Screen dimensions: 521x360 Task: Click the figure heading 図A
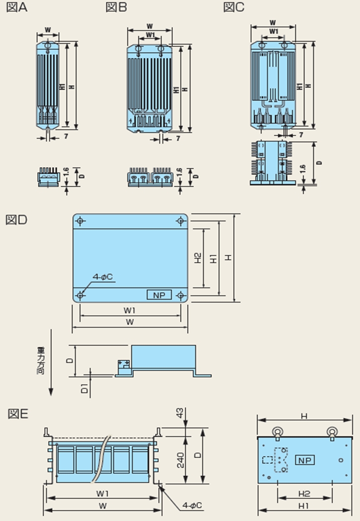[16, 8]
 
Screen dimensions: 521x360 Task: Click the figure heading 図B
[116, 8]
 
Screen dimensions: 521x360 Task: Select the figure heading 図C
[234, 8]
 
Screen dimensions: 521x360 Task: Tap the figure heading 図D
[16, 220]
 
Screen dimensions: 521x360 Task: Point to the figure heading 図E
[18, 414]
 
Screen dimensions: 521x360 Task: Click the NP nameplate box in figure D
[159, 295]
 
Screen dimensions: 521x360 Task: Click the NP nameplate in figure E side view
[304, 461]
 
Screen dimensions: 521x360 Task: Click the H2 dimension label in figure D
[198, 258]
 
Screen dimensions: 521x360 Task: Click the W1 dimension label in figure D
[129, 311]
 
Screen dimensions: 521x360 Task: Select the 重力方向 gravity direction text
[41, 359]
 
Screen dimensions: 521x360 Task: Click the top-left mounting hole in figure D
[81, 221]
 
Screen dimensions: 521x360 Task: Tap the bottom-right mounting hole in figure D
[181, 295]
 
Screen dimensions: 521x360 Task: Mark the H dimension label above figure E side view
[304, 416]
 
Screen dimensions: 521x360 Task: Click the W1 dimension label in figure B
[150, 35]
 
